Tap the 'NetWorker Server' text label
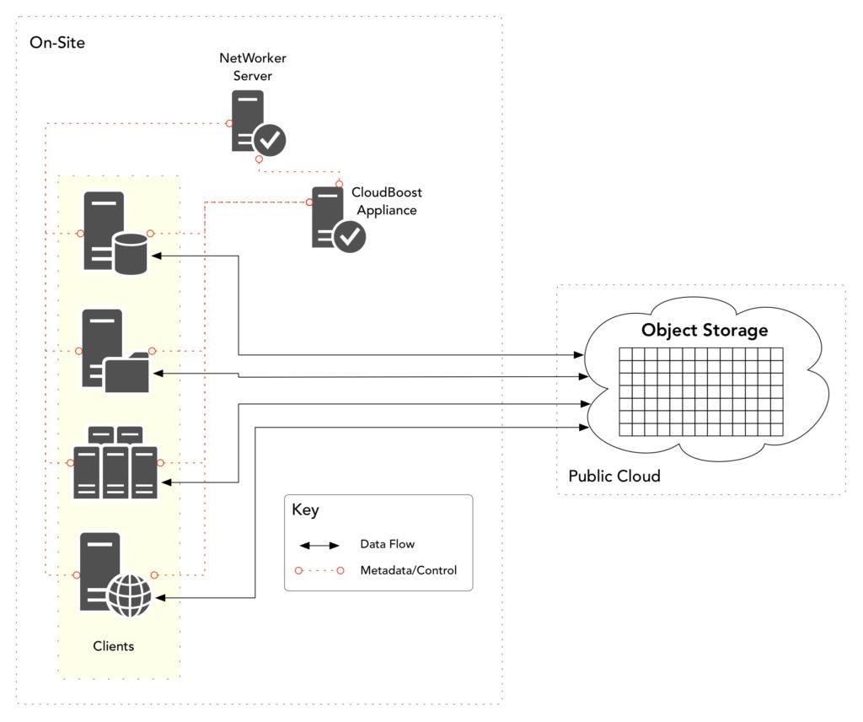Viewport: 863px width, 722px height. (x=246, y=67)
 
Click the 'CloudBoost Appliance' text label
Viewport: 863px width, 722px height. (x=386, y=202)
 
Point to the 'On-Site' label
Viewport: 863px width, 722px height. (x=56, y=42)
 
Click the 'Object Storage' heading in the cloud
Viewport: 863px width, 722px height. (x=705, y=330)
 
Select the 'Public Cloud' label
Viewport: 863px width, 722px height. (x=614, y=476)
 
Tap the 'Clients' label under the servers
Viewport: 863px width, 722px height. (x=113, y=646)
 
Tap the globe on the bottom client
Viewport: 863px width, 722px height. (x=130, y=596)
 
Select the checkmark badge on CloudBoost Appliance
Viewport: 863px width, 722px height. (x=350, y=236)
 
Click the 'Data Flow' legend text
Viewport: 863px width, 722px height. (x=387, y=544)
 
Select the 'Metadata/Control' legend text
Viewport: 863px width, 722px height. (x=408, y=570)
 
